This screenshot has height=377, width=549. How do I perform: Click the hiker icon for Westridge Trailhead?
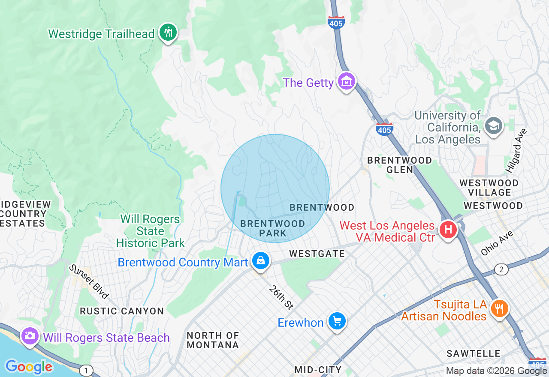pyautogui.click(x=168, y=32)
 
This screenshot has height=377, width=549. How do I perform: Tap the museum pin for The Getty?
pyautogui.click(x=346, y=81)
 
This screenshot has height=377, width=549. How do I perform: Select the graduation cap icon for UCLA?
pyautogui.click(x=494, y=126)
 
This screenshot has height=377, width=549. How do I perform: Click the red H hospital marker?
pyautogui.click(x=448, y=230)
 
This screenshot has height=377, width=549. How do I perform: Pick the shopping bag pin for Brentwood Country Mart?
pyautogui.click(x=260, y=260)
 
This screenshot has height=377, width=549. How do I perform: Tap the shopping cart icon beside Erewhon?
pyautogui.click(x=337, y=320)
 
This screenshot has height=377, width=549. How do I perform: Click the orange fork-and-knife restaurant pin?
pyautogui.click(x=499, y=308)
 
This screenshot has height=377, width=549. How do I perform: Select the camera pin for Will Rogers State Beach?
pyautogui.click(x=30, y=335)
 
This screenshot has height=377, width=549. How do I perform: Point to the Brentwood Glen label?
pyautogui.click(x=400, y=165)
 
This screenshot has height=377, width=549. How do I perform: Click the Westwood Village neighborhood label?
pyautogui.click(x=489, y=188)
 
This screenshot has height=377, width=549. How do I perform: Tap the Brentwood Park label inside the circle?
pyautogui.click(x=273, y=228)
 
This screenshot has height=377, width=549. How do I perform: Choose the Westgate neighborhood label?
pyautogui.click(x=317, y=254)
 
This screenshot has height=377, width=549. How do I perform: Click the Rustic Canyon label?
pyautogui.click(x=122, y=311)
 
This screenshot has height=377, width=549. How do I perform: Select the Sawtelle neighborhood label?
pyautogui.click(x=474, y=353)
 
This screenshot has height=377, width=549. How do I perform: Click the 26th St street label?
pyautogui.click(x=281, y=297)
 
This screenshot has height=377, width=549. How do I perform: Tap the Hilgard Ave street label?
pyautogui.click(x=516, y=150)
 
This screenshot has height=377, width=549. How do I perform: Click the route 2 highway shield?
pyautogui.click(x=501, y=269)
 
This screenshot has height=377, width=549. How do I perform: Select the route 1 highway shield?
pyautogui.click(x=86, y=370)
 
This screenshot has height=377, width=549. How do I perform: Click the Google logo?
pyautogui.click(x=29, y=367)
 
